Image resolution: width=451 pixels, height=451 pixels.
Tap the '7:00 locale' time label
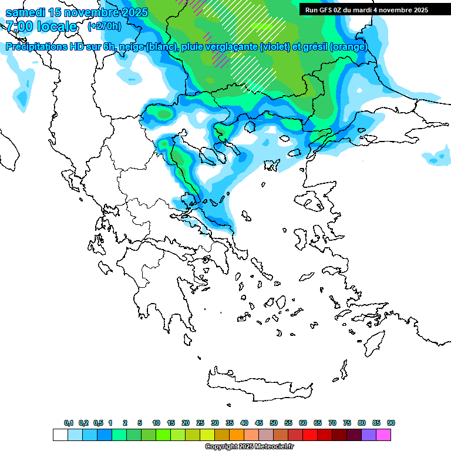41,26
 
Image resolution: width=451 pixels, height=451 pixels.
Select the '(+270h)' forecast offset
105,26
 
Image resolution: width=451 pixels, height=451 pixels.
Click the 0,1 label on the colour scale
68,423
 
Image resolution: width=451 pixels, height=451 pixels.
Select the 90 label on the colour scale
391,423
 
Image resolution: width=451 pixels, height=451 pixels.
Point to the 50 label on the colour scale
274,423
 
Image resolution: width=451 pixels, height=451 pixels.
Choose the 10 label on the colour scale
156,423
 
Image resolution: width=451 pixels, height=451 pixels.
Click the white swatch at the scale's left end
60,435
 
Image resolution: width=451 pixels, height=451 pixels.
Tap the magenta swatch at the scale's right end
383,435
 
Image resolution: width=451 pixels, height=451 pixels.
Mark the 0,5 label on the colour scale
98,423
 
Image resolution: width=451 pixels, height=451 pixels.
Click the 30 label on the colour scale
215,423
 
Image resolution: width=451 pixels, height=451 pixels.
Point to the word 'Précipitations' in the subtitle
35,47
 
